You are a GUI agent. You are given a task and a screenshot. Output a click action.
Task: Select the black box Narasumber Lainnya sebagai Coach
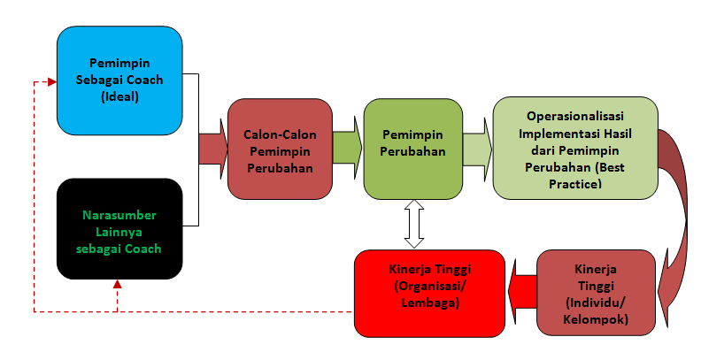pos(119,230)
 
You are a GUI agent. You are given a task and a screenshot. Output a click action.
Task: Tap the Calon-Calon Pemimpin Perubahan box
pos(279,148)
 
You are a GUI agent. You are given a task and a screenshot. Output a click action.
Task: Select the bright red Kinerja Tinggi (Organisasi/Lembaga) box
pos(429,291)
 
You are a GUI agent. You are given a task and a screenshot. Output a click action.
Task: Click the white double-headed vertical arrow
pos(413,224)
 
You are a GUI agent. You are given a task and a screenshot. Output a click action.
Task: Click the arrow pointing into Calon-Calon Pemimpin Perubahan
pos(212,148)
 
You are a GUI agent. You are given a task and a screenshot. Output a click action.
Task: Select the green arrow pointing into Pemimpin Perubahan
pos(347,148)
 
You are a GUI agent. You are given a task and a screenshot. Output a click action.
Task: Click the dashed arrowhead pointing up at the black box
pos(118,285)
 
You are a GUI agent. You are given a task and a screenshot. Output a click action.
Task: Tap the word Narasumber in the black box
pos(119,215)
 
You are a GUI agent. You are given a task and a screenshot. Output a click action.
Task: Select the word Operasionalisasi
pos(575,116)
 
